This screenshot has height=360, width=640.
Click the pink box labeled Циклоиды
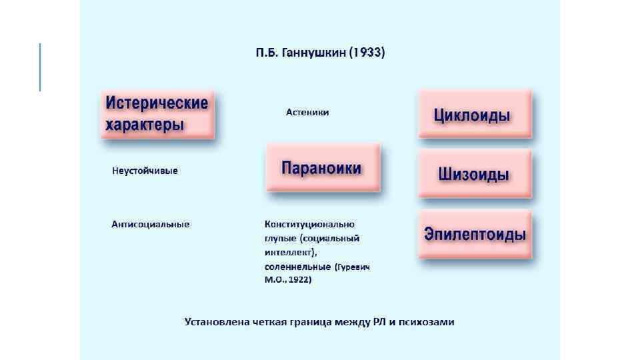tap(475, 115)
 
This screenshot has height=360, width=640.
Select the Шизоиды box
tap(475, 174)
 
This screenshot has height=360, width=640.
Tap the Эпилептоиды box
tap(475, 235)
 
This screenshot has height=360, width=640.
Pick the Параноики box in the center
tap(323, 167)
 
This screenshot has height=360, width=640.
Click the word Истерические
tap(157, 103)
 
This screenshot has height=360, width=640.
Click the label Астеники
tap(307, 113)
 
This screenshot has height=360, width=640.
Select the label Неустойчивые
tap(145, 171)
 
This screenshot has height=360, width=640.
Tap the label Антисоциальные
tap(151, 224)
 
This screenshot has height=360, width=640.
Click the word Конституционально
tap(309, 224)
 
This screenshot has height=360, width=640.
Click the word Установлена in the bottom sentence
tap(218, 323)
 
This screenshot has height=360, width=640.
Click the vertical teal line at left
tap(41, 67)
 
